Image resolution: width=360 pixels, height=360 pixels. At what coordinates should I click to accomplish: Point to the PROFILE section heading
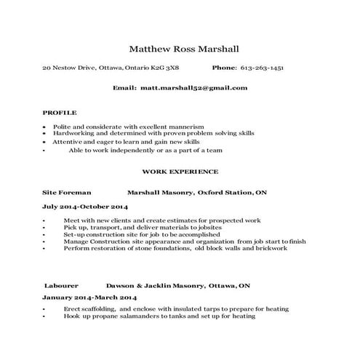point(60,113)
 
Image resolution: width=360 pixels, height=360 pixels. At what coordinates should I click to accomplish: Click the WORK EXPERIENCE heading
point(180,172)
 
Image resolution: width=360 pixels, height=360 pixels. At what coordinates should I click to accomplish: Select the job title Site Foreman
point(67,193)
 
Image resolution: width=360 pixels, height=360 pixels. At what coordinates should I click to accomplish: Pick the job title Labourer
point(61,286)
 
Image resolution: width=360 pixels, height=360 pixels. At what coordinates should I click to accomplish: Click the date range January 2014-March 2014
point(89,297)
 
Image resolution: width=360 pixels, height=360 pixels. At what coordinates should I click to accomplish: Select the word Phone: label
point(224,67)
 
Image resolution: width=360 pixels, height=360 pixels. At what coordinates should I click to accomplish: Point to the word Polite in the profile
point(63,127)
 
